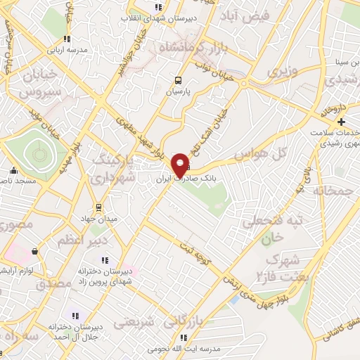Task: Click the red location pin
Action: (180, 164)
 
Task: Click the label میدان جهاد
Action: (99, 219)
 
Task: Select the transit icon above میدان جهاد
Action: (99, 207)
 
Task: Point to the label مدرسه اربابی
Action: (67, 50)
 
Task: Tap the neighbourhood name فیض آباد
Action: (246, 15)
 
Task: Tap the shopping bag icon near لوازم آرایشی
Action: (34, 251)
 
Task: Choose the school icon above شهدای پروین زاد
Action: (105, 261)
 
